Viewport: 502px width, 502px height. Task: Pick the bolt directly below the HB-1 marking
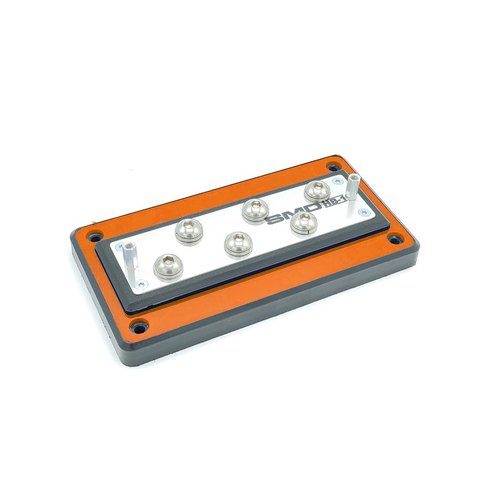pos(304,223)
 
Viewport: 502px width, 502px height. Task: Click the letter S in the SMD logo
pos(275,220)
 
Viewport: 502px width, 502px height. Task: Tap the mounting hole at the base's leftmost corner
pos(95,237)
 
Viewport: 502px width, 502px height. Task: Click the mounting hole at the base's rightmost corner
pos(395,239)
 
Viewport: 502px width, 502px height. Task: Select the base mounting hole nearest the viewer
pos(138,326)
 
